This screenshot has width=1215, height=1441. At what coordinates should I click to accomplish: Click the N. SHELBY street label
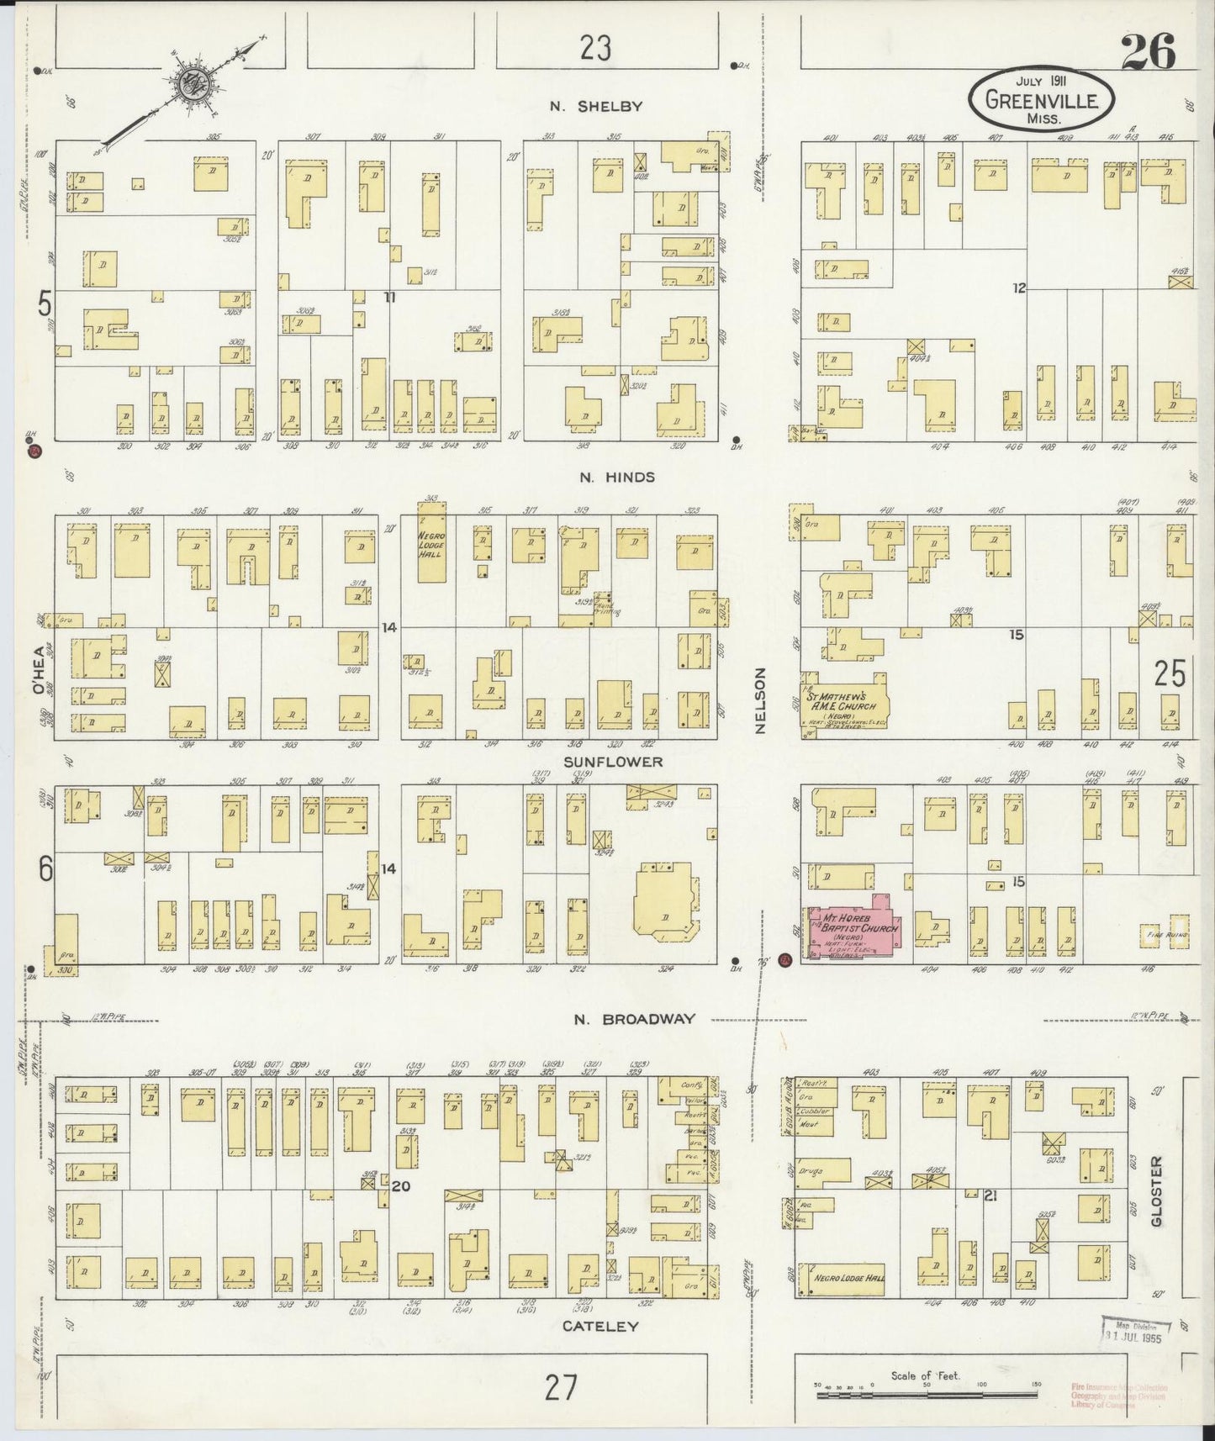[x=596, y=106]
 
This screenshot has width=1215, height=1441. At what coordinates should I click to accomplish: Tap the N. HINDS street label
[x=616, y=477]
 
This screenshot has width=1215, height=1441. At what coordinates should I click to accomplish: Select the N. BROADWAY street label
[x=635, y=1019]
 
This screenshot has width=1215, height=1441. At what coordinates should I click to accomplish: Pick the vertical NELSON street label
[x=760, y=701]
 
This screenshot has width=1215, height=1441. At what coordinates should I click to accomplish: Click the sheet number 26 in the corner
[x=1147, y=54]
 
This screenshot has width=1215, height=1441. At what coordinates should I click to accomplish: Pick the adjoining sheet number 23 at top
[x=595, y=49]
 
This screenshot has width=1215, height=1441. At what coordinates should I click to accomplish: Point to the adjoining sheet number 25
[x=1169, y=673]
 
